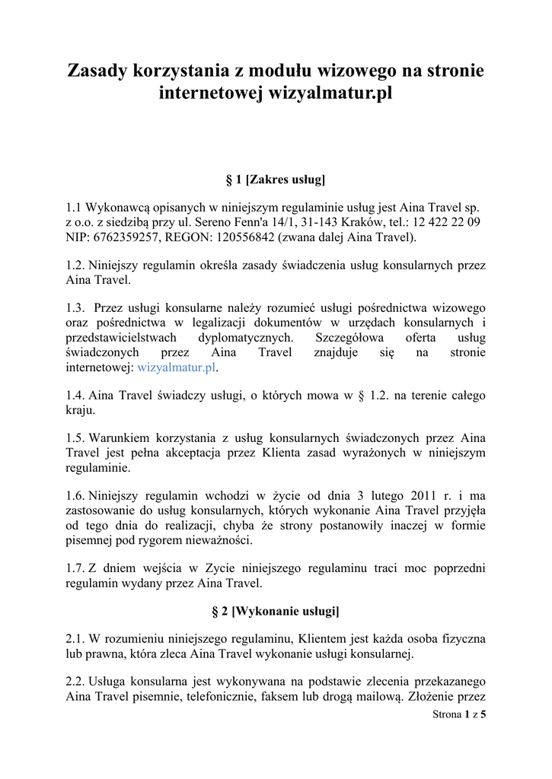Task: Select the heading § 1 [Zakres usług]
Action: (276, 180)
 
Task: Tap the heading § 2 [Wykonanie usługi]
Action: (276, 611)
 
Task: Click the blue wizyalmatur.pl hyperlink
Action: (177, 367)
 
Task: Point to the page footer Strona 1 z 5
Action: (458, 714)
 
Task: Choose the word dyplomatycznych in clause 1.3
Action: (245, 337)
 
